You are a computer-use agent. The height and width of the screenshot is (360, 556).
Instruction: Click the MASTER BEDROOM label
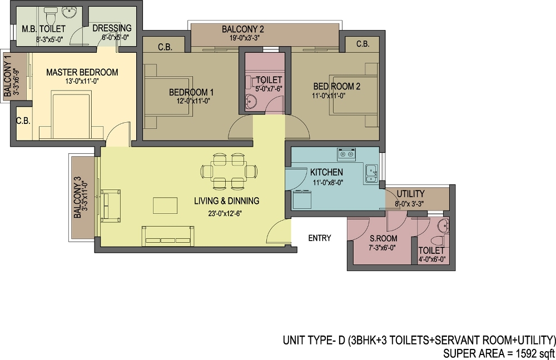pos(82,72)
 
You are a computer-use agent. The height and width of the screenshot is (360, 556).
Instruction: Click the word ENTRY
pos(320,238)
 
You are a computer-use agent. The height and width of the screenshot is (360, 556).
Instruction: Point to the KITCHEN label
pos(326,172)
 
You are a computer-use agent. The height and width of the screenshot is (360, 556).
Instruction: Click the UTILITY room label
pos(410,194)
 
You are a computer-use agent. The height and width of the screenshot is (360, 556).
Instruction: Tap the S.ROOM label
pos(384,239)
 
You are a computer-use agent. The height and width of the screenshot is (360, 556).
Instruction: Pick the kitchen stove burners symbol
pos(346,153)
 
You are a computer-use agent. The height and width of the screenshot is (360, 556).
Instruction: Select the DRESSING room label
pos(112,28)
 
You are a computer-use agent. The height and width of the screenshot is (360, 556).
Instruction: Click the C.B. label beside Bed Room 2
pos(363,44)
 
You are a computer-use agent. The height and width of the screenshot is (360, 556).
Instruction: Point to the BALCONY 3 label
pos(77,198)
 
